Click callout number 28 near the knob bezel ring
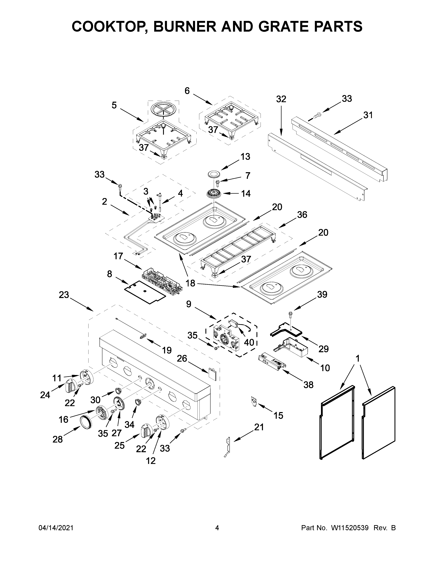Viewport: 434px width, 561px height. pos(58,439)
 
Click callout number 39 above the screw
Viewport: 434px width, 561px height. pos(322,294)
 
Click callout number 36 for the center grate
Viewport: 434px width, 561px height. pos(302,215)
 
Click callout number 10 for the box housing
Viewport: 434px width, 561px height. pos(325,368)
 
